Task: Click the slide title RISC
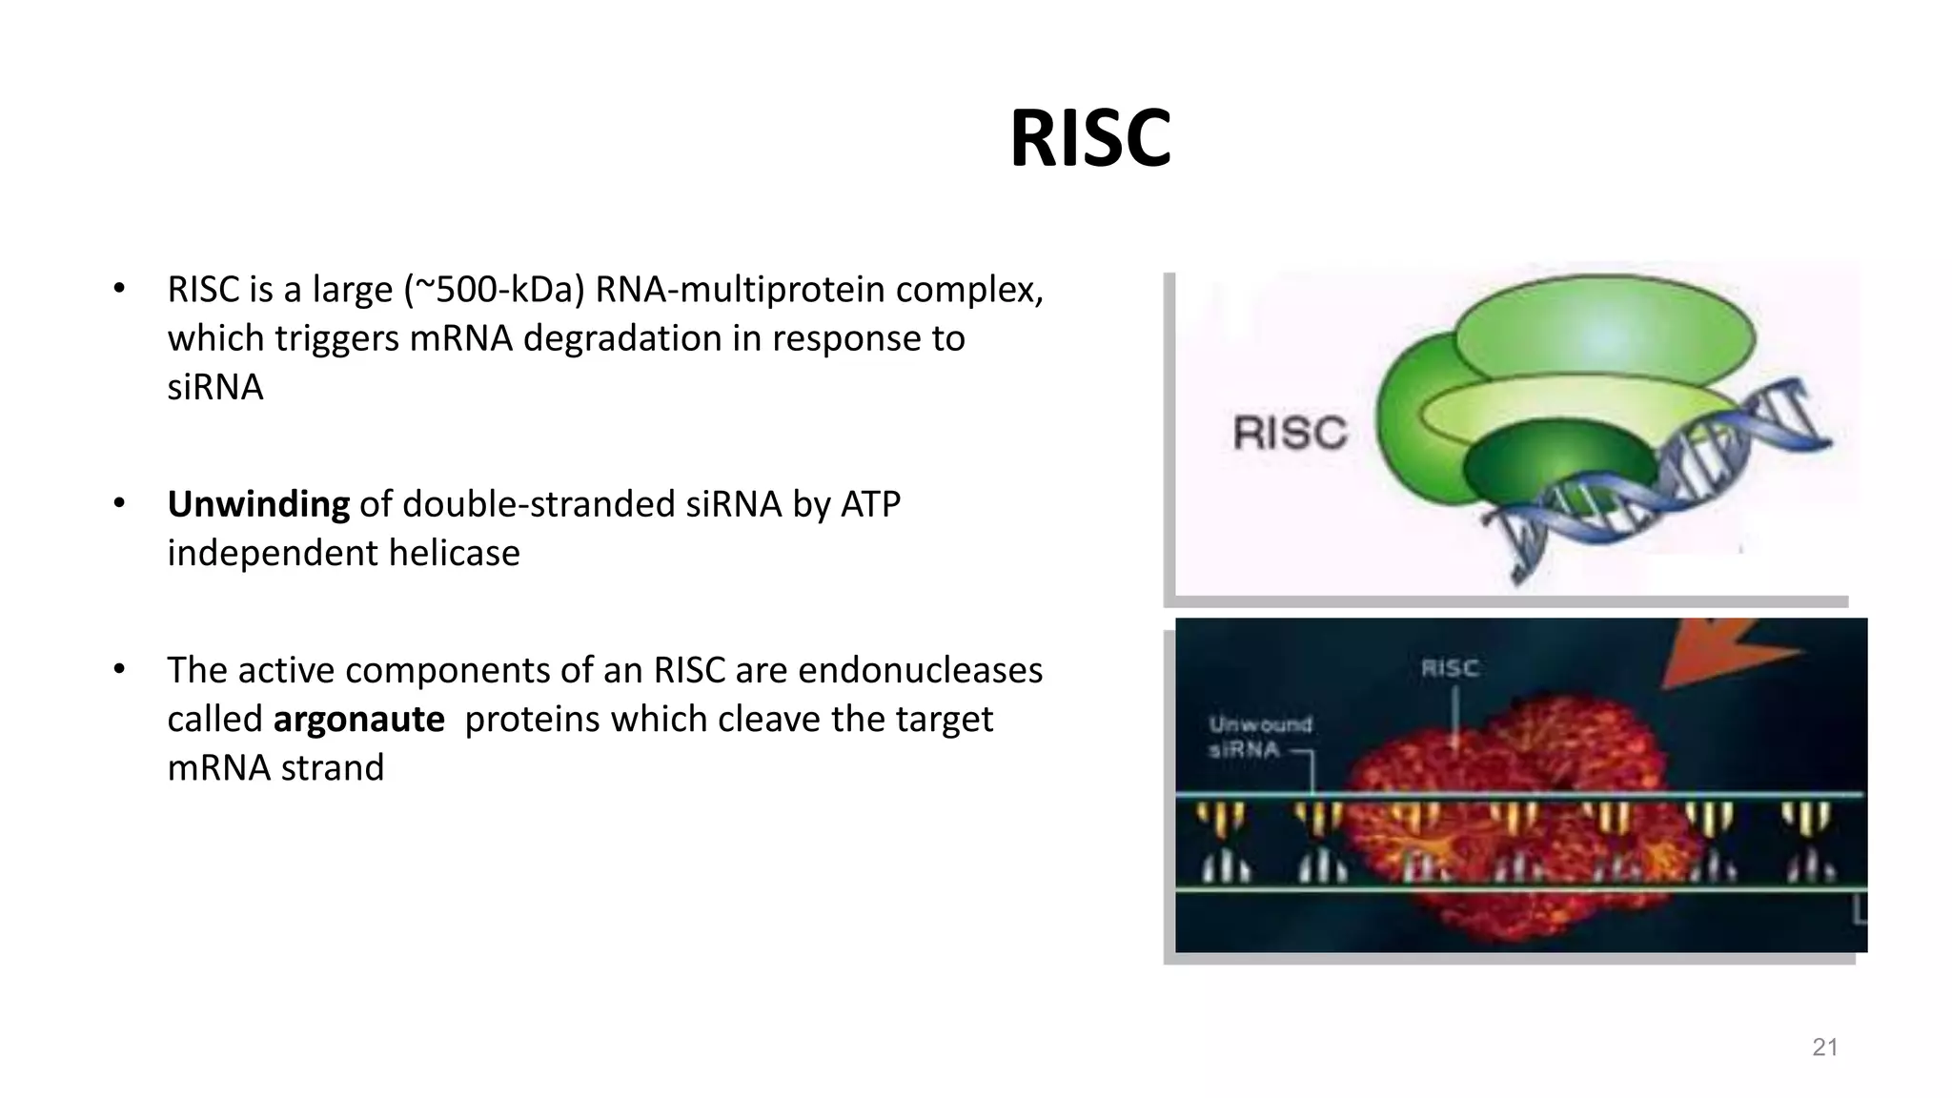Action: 1089,139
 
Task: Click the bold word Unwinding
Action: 258,504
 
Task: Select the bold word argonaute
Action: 358,720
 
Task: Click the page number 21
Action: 1824,1047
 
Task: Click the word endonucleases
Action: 920,671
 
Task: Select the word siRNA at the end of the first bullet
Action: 214,388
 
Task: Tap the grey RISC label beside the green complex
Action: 1290,434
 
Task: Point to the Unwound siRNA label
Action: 1258,737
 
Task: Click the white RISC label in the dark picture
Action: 1450,668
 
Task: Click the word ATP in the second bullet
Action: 869,504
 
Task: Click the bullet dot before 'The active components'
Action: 119,669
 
